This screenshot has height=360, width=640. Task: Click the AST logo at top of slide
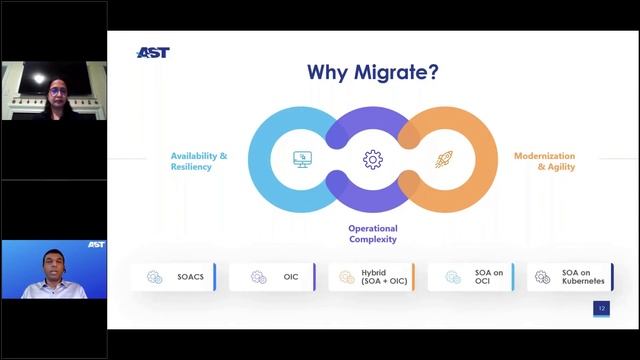point(152,53)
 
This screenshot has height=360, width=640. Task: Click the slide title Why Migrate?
point(372,72)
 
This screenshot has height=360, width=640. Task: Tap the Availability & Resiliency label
point(199,162)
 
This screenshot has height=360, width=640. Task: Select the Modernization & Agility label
point(544,162)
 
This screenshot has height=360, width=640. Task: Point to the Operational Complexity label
point(372,234)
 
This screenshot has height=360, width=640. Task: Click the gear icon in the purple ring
point(373,159)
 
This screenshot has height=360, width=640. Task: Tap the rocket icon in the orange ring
point(443,159)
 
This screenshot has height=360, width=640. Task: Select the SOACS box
point(174,277)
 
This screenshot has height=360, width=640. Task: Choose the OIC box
point(272,277)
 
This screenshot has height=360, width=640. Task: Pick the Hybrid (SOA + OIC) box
point(371,277)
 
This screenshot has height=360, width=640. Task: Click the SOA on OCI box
point(470,277)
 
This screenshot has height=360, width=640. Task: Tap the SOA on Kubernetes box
point(570,277)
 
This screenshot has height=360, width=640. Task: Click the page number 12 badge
point(601,309)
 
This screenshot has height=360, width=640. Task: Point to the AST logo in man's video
point(96,245)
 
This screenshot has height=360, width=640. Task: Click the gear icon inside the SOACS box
point(154,277)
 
